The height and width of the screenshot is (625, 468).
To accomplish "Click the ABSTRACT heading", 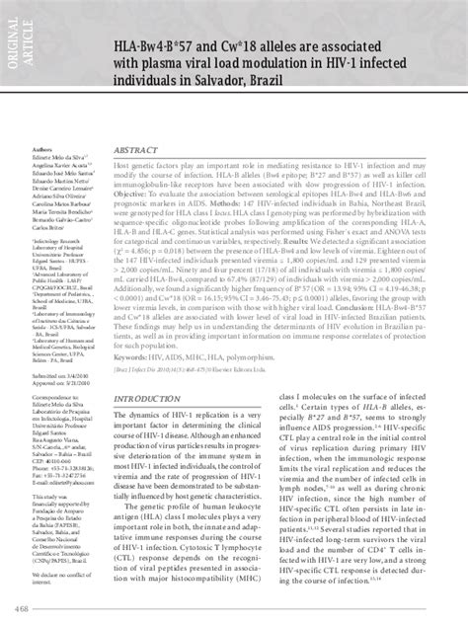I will (138, 176).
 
